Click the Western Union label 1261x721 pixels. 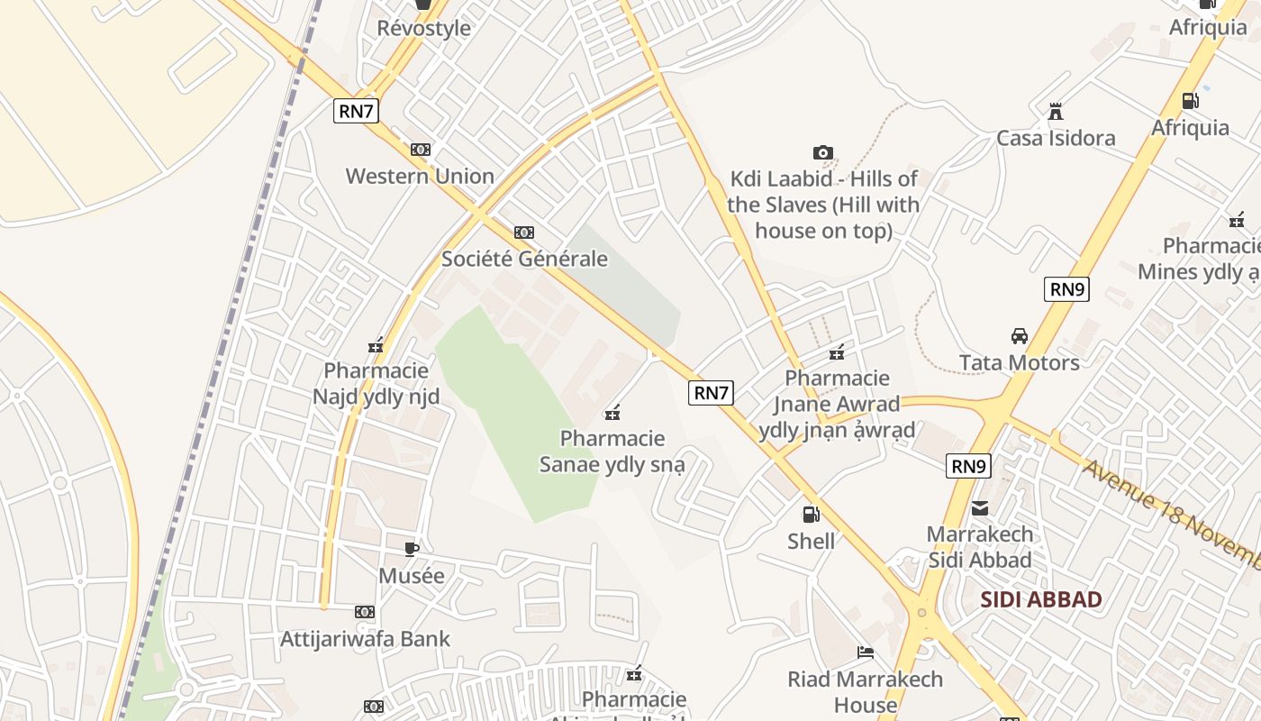tap(420, 176)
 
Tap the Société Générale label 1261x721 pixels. tap(524, 259)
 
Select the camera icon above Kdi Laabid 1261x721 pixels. tap(822, 152)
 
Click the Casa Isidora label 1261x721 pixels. tap(1056, 138)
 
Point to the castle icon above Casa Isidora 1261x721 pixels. tap(1056, 112)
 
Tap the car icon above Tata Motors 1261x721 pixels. tap(1019, 336)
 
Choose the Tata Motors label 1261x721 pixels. tap(1019, 362)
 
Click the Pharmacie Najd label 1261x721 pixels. tap(376, 383)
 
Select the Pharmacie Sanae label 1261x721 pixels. tap(612, 452)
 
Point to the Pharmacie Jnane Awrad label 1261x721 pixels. tap(837, 403)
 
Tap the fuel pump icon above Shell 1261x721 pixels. tap(811, 515)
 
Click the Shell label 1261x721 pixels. tap(811, 541)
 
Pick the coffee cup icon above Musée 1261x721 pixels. tap(412, 549)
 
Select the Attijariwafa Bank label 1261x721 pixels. tap(365, 639)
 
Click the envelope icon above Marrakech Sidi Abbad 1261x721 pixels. tap(980, 508)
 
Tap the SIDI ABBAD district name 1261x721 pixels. tap(1040, 599)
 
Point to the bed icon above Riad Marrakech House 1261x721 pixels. tap(866, 653)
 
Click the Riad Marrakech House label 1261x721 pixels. tap(866, 691)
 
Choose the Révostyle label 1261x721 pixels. tap(423, 28)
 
